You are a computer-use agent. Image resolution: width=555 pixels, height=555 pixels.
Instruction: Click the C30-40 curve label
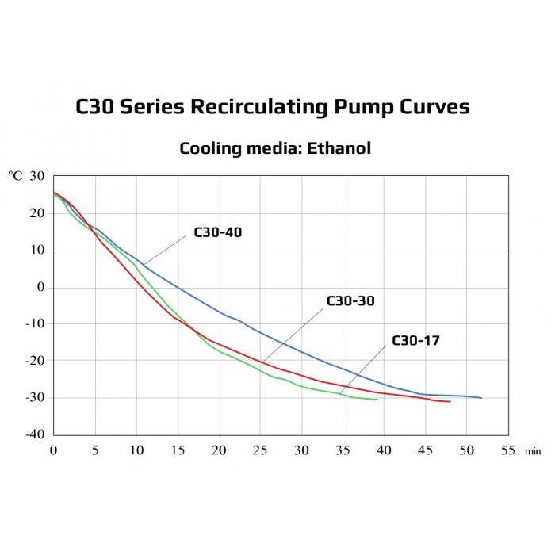(x=218, y=233)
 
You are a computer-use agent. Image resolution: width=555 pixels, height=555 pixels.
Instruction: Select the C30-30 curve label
(x=350, y=301)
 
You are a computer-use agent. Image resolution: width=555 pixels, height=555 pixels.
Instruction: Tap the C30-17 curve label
(x=415, y=341)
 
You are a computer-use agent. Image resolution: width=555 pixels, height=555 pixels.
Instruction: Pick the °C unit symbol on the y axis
(x=16, y=176)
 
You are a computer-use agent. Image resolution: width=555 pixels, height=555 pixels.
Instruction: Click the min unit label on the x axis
(x=532, y=451)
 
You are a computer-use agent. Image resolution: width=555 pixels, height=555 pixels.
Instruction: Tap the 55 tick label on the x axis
(x=507, y=450)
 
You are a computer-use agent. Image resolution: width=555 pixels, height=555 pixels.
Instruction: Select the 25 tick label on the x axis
(x=259, y=450)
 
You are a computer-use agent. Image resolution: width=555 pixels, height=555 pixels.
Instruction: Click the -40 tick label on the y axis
(x=34, y=434)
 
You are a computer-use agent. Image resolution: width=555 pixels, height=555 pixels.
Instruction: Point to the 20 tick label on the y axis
(x=36, y=213)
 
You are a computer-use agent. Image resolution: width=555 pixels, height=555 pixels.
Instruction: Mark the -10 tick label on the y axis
(x=34, y=323)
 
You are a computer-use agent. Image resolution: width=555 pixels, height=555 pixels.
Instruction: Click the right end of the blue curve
(x=481, y=398)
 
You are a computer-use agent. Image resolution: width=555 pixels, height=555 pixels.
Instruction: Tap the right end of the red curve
(x=450, y=402)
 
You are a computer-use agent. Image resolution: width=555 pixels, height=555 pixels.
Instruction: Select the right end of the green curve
(x=377, y=400)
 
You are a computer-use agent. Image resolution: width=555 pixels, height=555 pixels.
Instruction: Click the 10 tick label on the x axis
(x=136, y=450)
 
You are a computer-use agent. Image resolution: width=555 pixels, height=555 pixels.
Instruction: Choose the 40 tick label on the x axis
(x=383, y=450)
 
